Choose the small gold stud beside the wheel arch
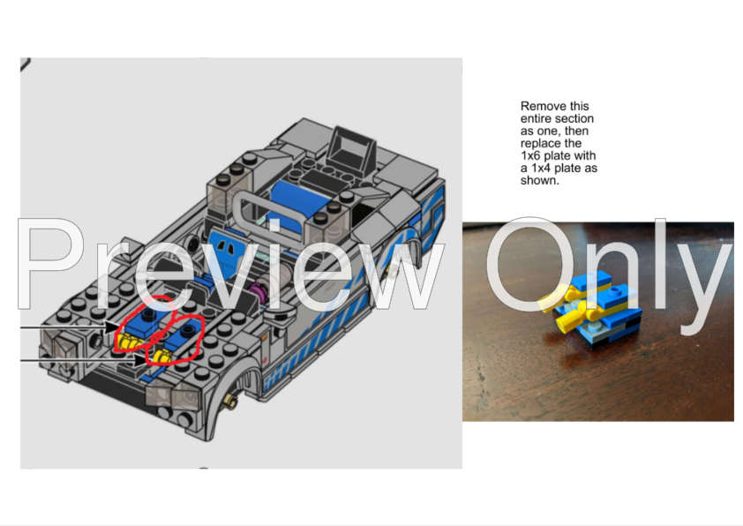click(233, 404)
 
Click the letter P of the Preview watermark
click(53, 265)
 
